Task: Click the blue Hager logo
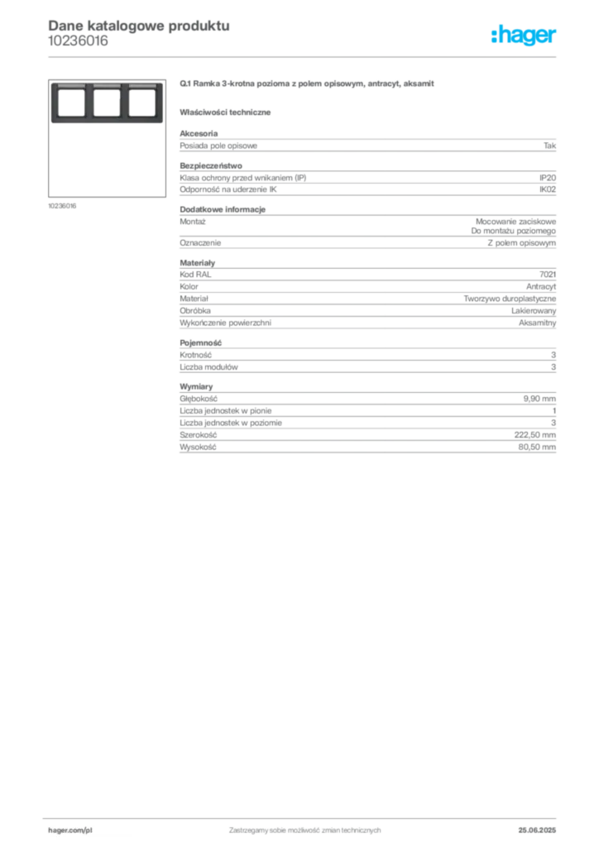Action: click(x=525, y=36)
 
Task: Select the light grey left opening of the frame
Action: click(x=71, y=103)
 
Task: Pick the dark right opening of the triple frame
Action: click(x=141, y=103)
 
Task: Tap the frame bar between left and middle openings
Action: click(x=89, y=103)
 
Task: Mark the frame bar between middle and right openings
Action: click(x=124, y=103)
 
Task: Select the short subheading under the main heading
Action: click(x=228, y=112)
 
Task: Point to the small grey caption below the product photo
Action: click(x=63, y=205)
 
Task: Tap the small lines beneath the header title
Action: click(x=79, y=45)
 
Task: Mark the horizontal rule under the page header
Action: click(x=331, y=55)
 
